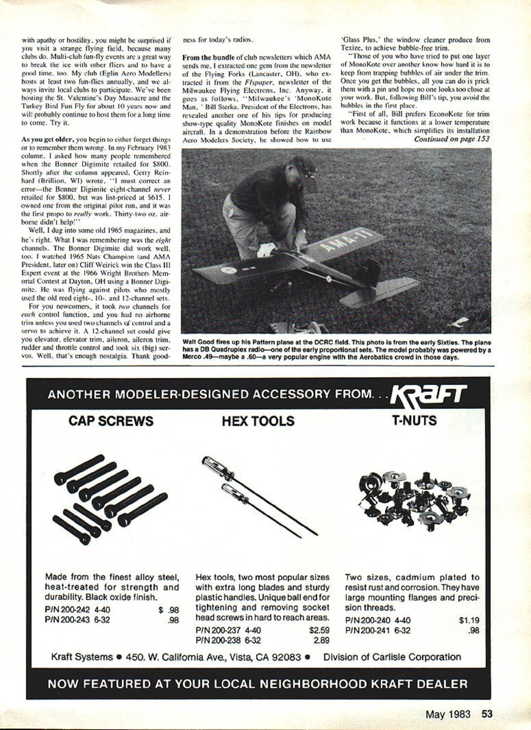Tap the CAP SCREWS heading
[111, 421]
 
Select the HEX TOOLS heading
[258, 421]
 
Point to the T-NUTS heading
[414, 421]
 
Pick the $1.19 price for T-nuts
[469, 620]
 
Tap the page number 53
[487, 714]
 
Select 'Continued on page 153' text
[452, 139]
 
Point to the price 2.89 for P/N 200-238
[321, 641]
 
